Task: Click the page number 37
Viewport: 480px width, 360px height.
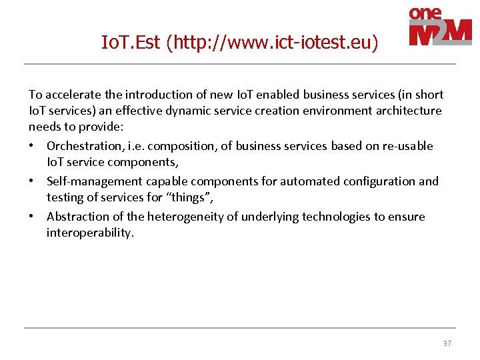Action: (x=447, y=343)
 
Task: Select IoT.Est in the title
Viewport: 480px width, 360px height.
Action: (x=131, y=43)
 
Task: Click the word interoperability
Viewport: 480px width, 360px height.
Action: (x=90, y=232)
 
